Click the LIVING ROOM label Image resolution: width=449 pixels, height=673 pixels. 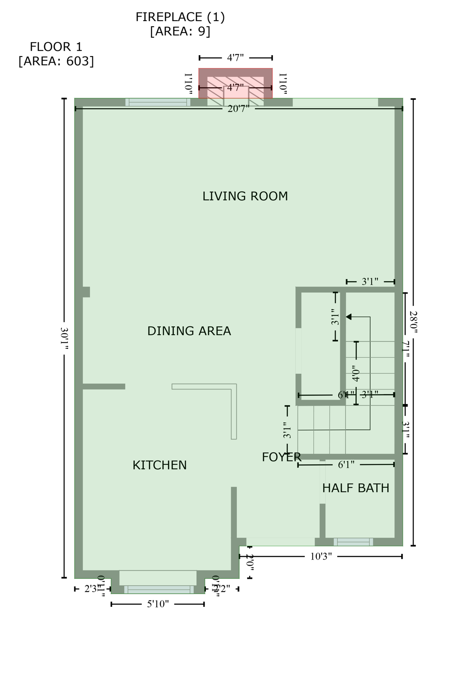pyautogui.click(x=245, y=196)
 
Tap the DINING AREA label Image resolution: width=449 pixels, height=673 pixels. pyautogui.click(x=189, y=331)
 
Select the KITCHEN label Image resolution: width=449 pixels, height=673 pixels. pyautogui.click(x=159, y=465)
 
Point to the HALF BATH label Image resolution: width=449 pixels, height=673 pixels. pyautogui.click(x=355, y=488)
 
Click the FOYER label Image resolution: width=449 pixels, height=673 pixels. pyautogui.click(x=281, y=457)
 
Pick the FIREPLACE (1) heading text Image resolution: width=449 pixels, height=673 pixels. pyautogui.click(x=180, y=17)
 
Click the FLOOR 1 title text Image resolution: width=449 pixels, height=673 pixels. pyautogui.click(x=56, y=47)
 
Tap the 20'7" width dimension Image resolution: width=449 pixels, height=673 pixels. pyautogui.click(x=238, y=109)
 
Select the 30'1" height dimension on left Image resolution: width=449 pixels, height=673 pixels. pyautogui.click(x=64, y=338)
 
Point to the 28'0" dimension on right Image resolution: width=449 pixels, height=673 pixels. pyautogui.click(x=413, y=321)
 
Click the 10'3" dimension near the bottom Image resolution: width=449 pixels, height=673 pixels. pyautogui.click(x=321, y=557)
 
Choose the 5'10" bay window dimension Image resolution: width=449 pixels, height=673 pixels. pyautogui.click(x=158, y=605)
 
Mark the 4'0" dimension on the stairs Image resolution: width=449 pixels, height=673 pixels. pyautogui.click(x=356, y=373)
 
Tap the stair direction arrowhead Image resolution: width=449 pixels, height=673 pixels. pyautogui.click(x=349, y=317)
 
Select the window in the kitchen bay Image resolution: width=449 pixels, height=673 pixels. pyautogui.click(x=159, y=589)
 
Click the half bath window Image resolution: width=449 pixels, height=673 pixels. pyautogui.click(x=353, y=542)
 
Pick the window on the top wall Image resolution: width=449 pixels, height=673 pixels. pyautogui.click(x=158, y=103)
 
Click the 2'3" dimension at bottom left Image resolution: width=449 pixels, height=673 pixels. pyautogui.click(x=91, y=589)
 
